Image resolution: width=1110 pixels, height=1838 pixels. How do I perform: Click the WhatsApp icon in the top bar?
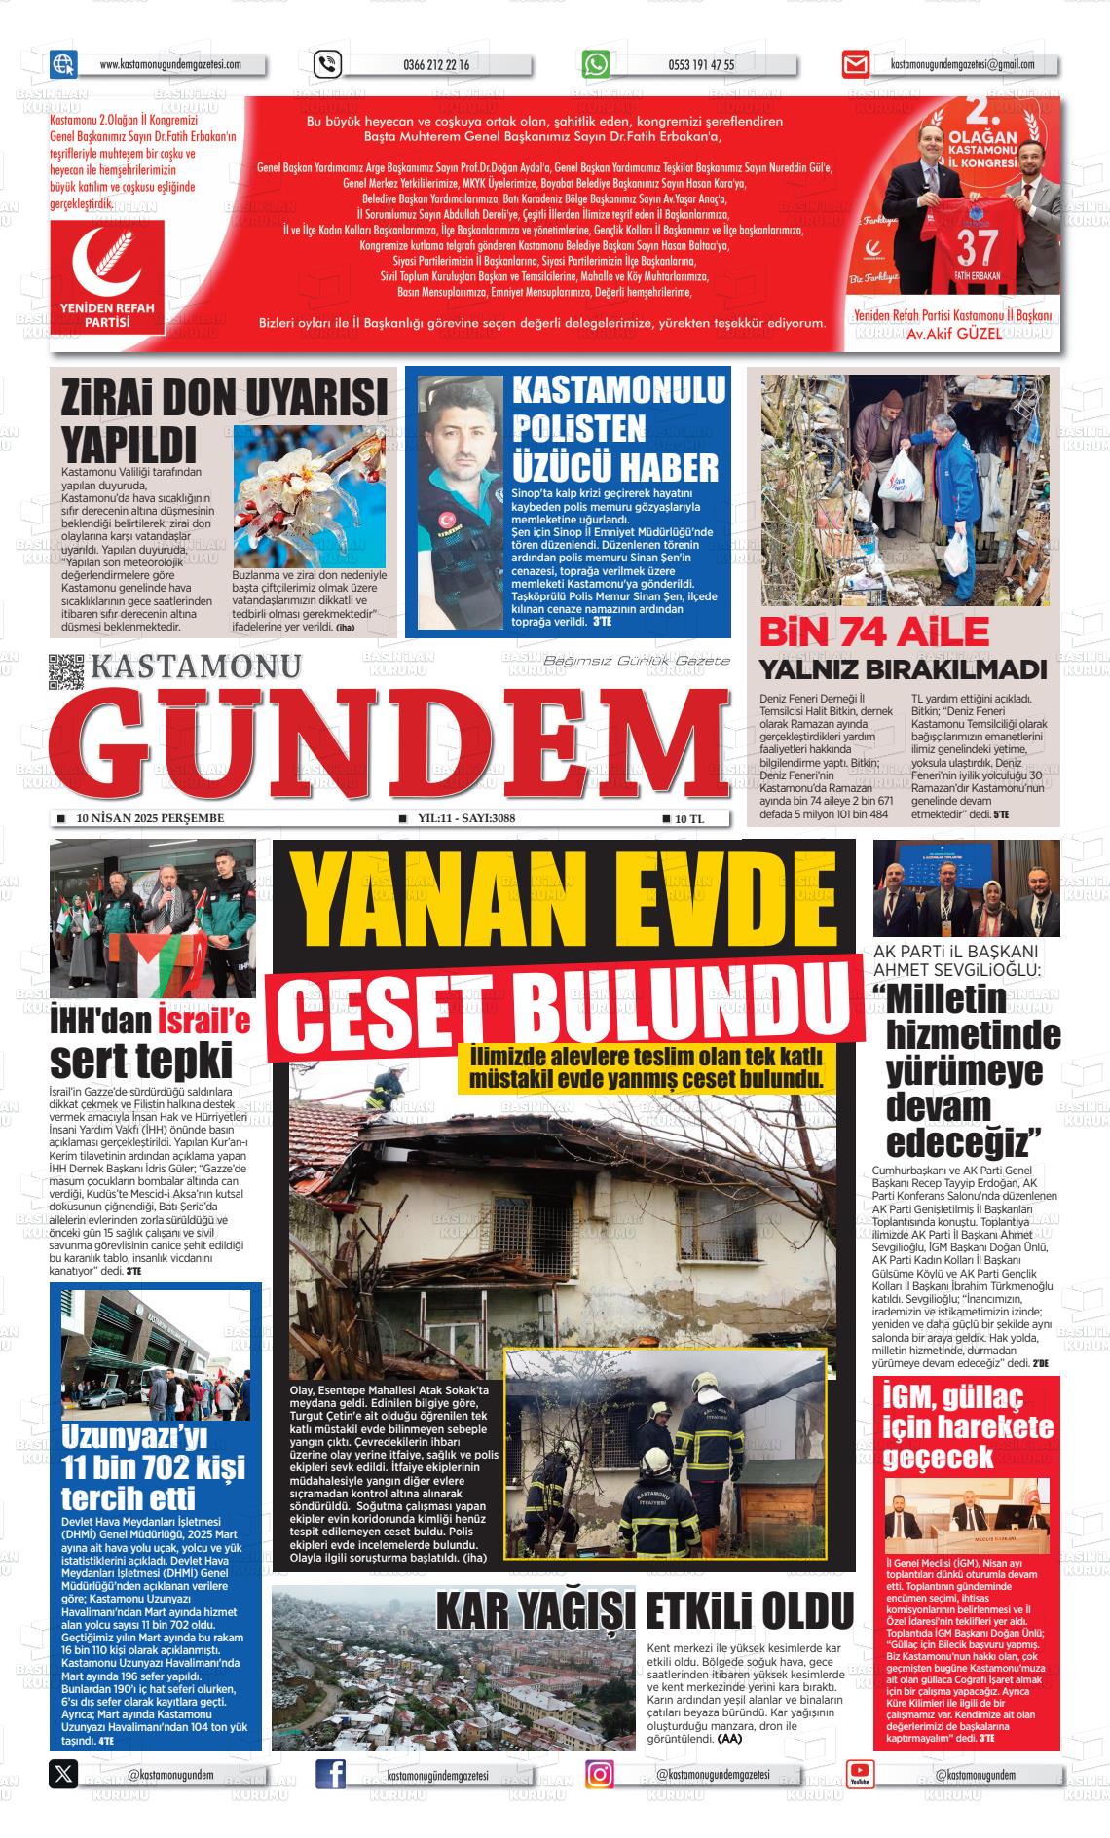pyautogui.click(x=596, y=64)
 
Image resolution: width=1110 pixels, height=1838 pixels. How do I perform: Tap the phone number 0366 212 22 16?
pyautogui.click(x=435, y=65)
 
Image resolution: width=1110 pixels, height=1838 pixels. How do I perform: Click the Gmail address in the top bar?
pyautogui.click(x=962, y=65)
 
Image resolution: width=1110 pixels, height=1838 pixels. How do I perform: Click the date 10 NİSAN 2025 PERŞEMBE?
pyautogui.click(x=150, y=818)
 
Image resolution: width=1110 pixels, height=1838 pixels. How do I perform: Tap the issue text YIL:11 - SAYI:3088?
pyautogui.click(x=465, y=818)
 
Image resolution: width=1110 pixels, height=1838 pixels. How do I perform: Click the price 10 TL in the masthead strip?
pyautogui.click(x=688, y=819)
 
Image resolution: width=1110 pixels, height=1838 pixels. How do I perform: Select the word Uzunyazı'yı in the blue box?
pyautogui.click(x=135, y=1437)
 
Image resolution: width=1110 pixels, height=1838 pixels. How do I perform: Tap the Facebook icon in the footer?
pyautogui.click(x=331, y=1775)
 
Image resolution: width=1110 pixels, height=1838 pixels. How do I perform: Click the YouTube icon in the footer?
pyautogui.click(x=860, y=1775)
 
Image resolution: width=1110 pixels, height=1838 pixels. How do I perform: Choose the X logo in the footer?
pyautogui.click(x=63, y=1775)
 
